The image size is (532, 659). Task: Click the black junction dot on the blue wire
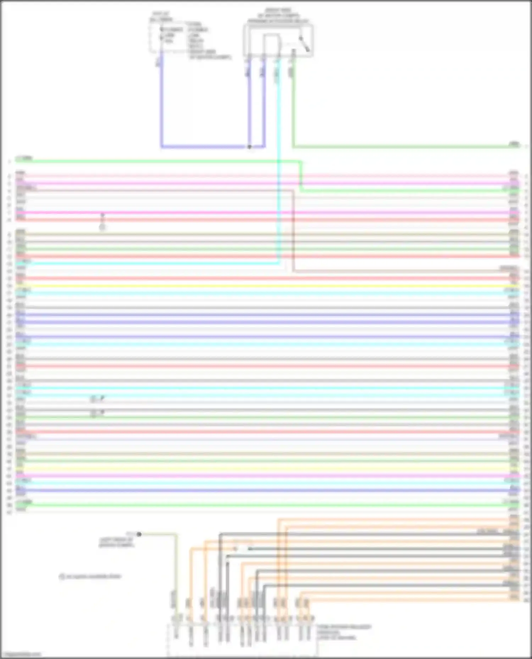tap(249, 147)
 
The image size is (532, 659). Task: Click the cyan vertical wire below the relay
tap(278, 159)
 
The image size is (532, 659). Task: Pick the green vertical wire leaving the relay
tap(293, 106)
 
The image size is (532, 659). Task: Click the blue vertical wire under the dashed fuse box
tap(162, 106)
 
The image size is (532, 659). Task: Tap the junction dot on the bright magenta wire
tap(102, 214)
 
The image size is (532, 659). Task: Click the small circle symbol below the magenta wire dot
tap(102, 227)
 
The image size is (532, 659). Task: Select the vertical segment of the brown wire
tap(293, 230)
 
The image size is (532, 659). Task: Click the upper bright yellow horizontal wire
tap(266, 286)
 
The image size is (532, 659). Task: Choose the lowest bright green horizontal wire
tap(266, 505)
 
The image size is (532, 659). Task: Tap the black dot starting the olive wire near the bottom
tap(139, 534)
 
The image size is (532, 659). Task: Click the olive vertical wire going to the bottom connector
tap(176, 574)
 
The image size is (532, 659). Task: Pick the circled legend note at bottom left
tap(90, 576)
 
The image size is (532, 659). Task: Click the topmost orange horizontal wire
tap(390, 519)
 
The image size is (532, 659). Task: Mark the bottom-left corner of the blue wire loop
tap(162, 147)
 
